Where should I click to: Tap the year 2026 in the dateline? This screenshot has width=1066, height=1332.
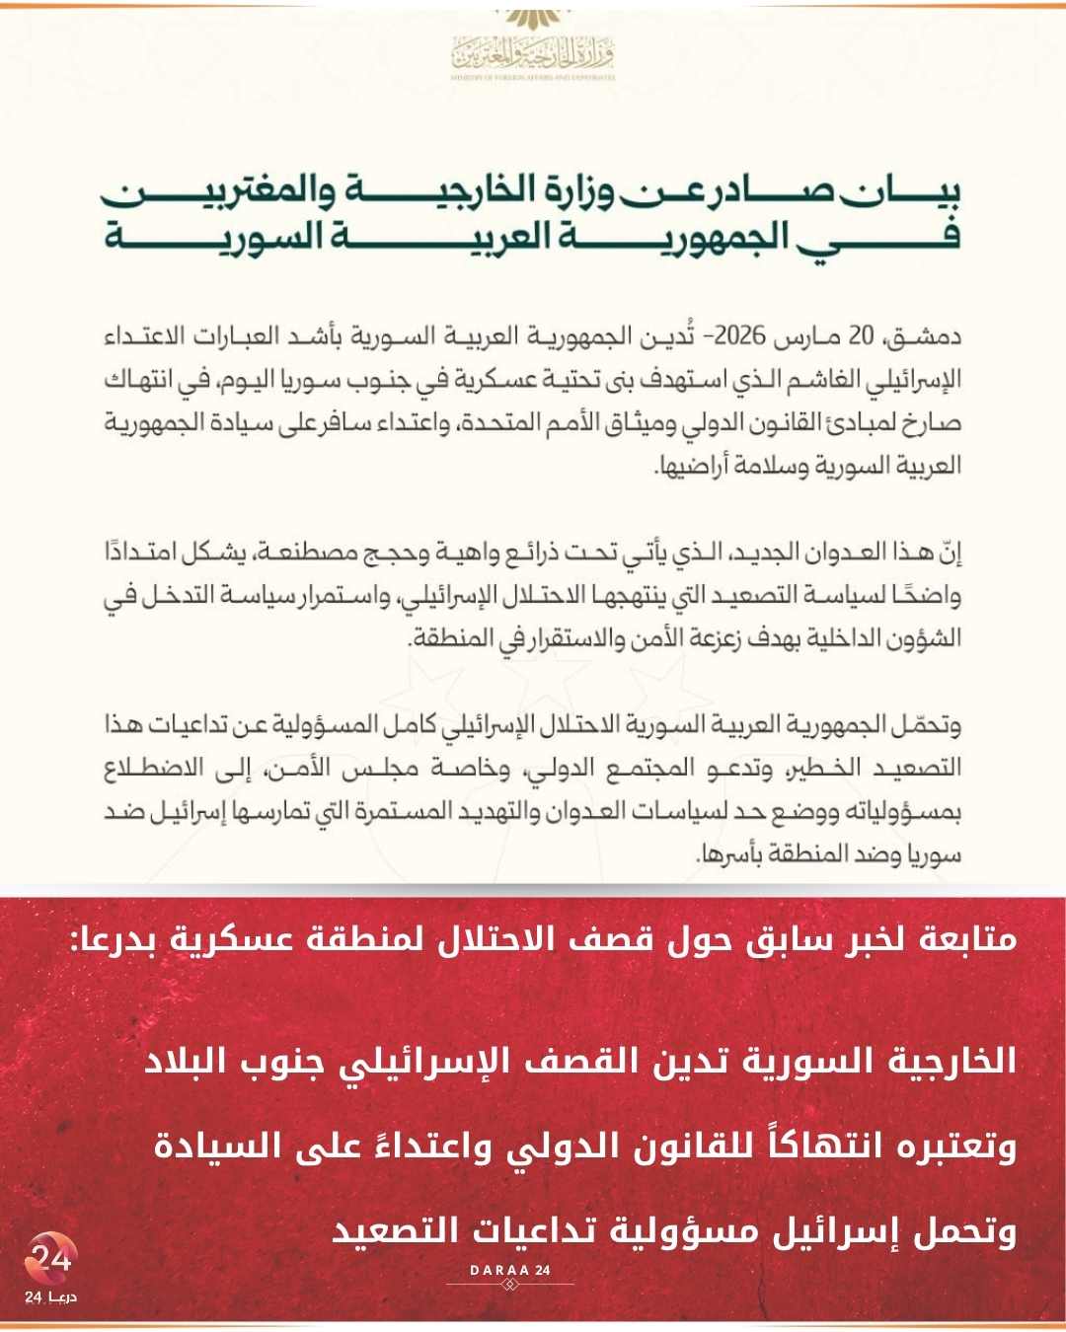(740, 336)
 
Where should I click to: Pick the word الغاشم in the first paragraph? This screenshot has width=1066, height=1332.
(828, 380)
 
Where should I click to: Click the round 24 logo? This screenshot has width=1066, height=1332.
(50, 1258)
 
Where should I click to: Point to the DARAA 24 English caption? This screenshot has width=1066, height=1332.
(509, 1270)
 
